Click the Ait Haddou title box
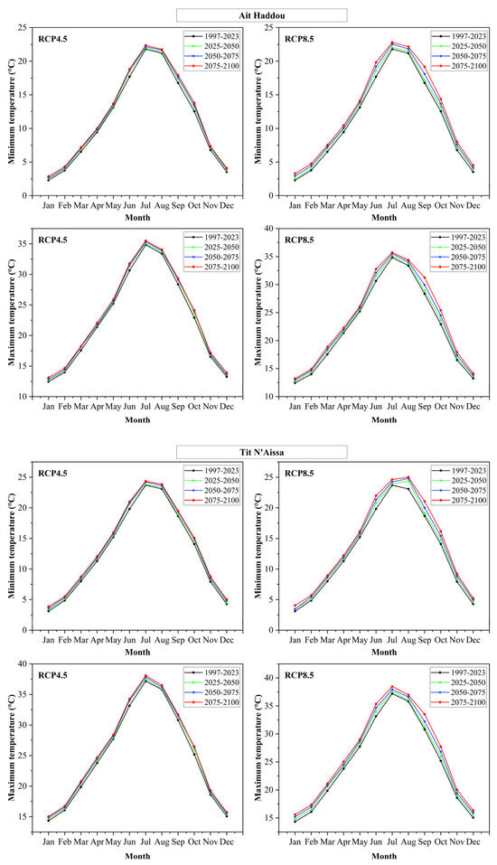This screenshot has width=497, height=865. (262, 14)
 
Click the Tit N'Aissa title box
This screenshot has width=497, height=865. (262, 452)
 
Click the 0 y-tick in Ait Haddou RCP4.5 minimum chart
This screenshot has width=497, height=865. (26, 195)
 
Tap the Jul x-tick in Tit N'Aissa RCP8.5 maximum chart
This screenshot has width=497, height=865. (391, 835)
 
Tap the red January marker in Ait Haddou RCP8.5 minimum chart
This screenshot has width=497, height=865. (295, 174)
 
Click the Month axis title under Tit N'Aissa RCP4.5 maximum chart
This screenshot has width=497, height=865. (136, 855)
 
